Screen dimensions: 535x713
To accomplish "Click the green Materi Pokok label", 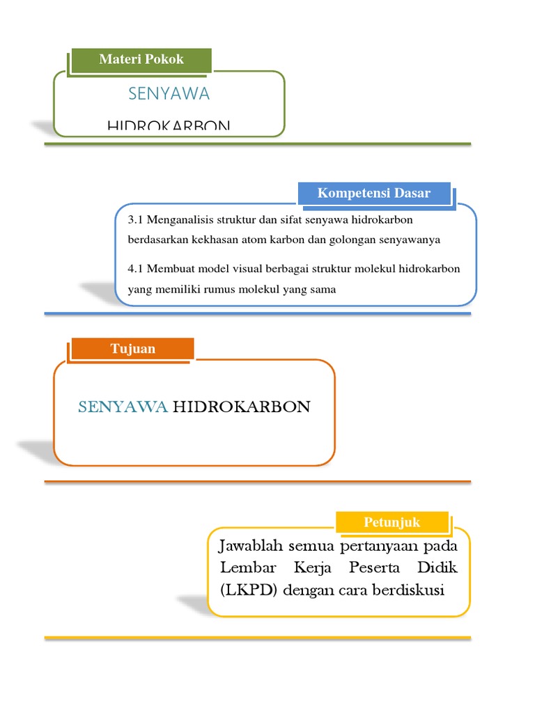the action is click(x=141, y=59).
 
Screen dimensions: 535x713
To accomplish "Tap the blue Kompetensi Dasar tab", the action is click(x=374, y=194).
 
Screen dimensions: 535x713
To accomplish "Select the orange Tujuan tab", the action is click(x=132, y=349).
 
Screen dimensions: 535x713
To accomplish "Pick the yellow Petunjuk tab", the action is click(x=392, y=522).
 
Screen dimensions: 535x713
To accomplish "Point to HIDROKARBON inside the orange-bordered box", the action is click(x=240, y=407).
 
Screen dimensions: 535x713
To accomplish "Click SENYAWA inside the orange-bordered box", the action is click(x=123, y=407).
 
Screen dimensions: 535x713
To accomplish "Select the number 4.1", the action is click(x=136, y=269).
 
